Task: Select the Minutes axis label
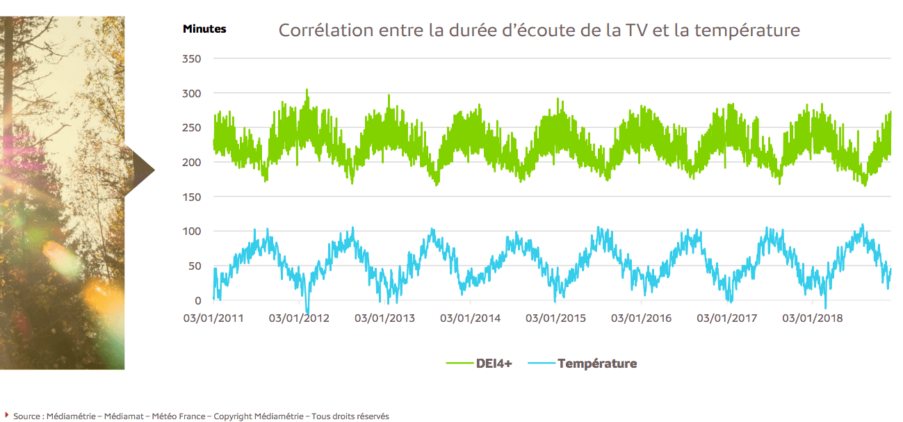pyautogui.click(x=204, y=29)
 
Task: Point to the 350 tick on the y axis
pyautogui.click(x=191, y=60)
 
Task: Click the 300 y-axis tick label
pyautogui.click(x=191, y=94)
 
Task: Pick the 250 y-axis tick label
pyautogui.click(x=191, y=128)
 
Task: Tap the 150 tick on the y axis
pyautogui.click(x=191, y=197)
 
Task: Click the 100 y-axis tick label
pyautogui.click(x=191, y=232)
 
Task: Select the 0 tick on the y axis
pyautogui.click(x=197, y=300)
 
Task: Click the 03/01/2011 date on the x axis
pyautogui.click(x=213, y=318)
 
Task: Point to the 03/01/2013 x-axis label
pyautogui.click(x=384, y=318)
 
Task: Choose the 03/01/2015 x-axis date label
pyautogui.click(x=555, y=318)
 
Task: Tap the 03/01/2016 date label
pyautogui.click(x=641, y=318)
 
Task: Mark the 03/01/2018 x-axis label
pyautogui.click(x=812, y=318)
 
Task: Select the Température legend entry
pyautogui.click(x=596, y=363)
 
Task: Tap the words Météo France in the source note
pyautogui.click(x=179, y=416)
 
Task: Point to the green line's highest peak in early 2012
pyautogui.click(x=307, y=90)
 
